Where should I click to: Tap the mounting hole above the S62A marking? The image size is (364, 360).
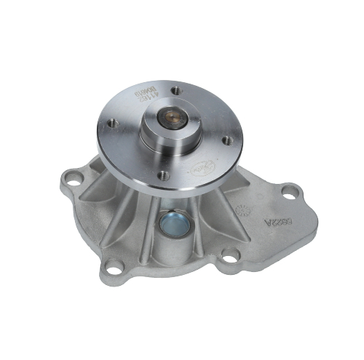(x=291, y=191)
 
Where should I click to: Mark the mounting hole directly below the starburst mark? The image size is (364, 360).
(x=229, y=254)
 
